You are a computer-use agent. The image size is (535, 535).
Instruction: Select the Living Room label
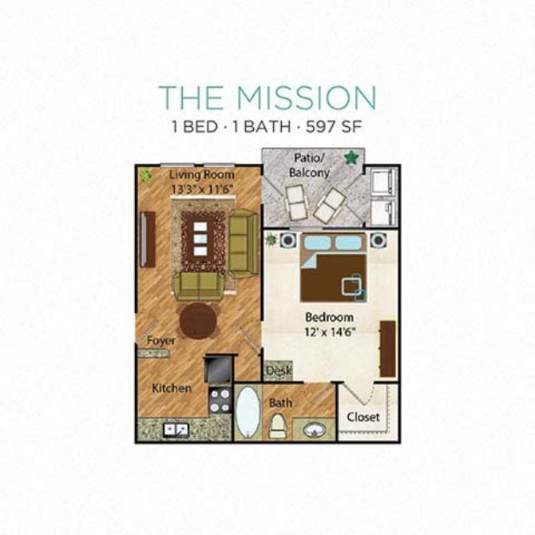tap(202, 175)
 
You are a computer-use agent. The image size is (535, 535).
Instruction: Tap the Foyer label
tap(161, 340)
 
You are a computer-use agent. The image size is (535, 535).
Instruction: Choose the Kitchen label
tap(172, 389)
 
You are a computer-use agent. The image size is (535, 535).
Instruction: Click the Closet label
tap(363, 417)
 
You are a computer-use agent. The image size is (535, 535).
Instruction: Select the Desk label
tap(278, 371)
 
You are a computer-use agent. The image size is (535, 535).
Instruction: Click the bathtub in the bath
tap(248, 412)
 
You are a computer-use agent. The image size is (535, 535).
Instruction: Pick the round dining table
tap(198, 320)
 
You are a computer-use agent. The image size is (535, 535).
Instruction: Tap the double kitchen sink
tap(176, 430)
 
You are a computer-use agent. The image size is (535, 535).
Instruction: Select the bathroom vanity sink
tap(313, 429)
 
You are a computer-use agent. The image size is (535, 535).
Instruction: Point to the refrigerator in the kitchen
tap(219, 368)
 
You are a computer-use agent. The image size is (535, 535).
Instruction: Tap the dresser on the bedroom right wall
tap(388, 348)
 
